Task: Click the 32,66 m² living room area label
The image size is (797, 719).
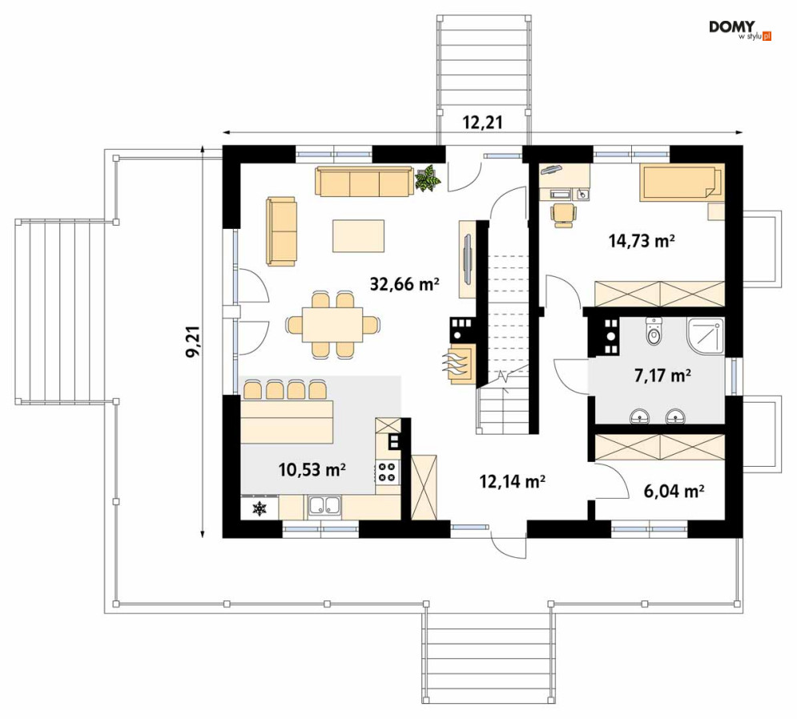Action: [x=405, y=284]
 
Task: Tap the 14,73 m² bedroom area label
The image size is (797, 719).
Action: [x=642, y=240]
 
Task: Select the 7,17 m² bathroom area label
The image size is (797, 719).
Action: [x=662, y=376]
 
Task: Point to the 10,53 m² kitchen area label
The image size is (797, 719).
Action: [x=312, y=469]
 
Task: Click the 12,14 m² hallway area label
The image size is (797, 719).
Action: [x=513, y=480]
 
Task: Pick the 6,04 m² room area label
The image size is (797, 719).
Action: [x=674, y=492]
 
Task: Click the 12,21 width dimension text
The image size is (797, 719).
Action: [x=482, y=123]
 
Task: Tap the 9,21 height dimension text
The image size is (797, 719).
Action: [x=193, y=342]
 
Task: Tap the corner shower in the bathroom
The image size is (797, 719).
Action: [x=705, y=336]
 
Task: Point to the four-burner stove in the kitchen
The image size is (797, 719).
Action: [x=388, y=471]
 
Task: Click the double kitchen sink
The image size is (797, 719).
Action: [x=324, y=506]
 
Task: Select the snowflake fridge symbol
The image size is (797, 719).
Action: [x=260, y=508]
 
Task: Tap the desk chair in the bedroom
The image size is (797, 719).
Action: [x=562, y=215]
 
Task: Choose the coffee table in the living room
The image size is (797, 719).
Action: [x=358, y=235]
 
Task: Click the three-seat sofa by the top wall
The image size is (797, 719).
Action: [x=363, y=182]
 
